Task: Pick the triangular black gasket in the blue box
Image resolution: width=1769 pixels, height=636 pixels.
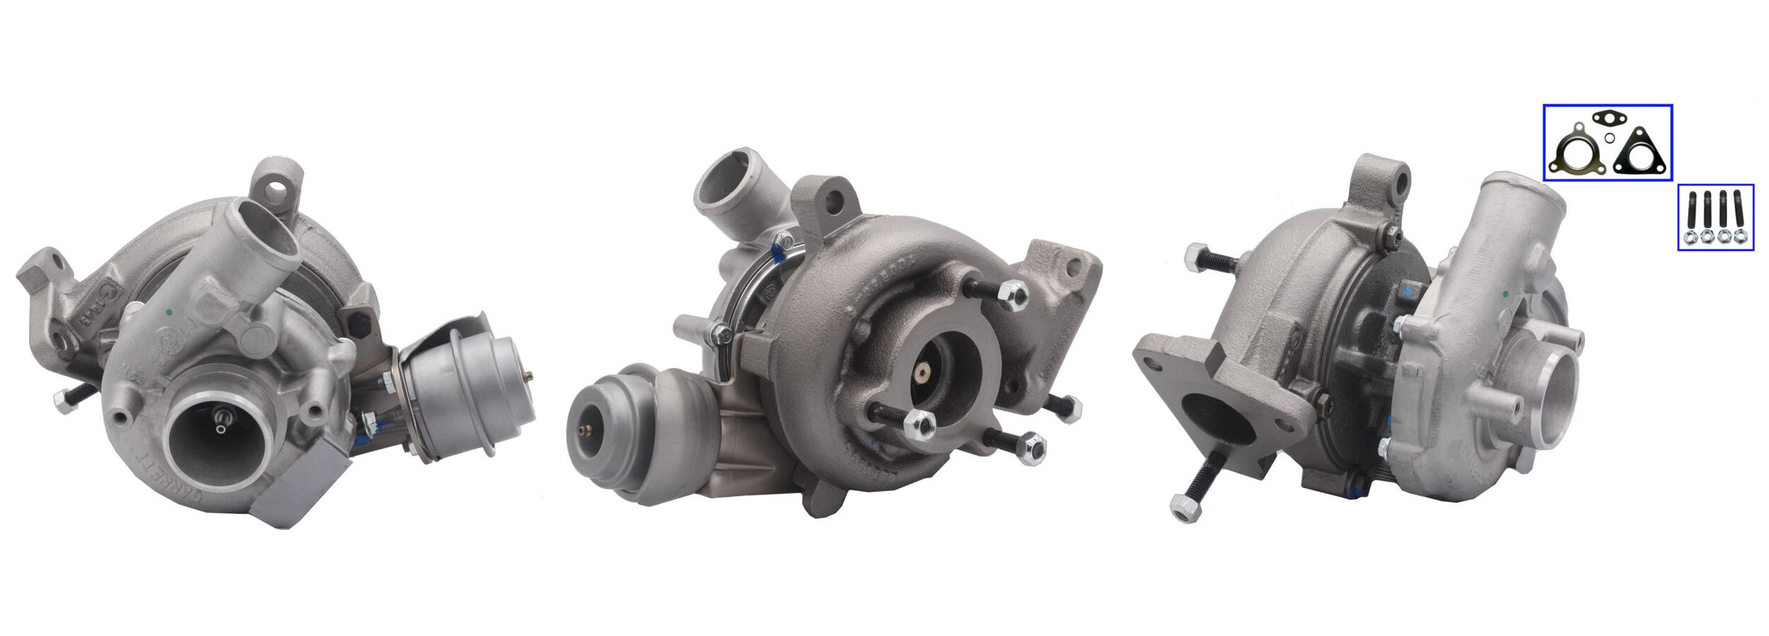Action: tap(1639, 154)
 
